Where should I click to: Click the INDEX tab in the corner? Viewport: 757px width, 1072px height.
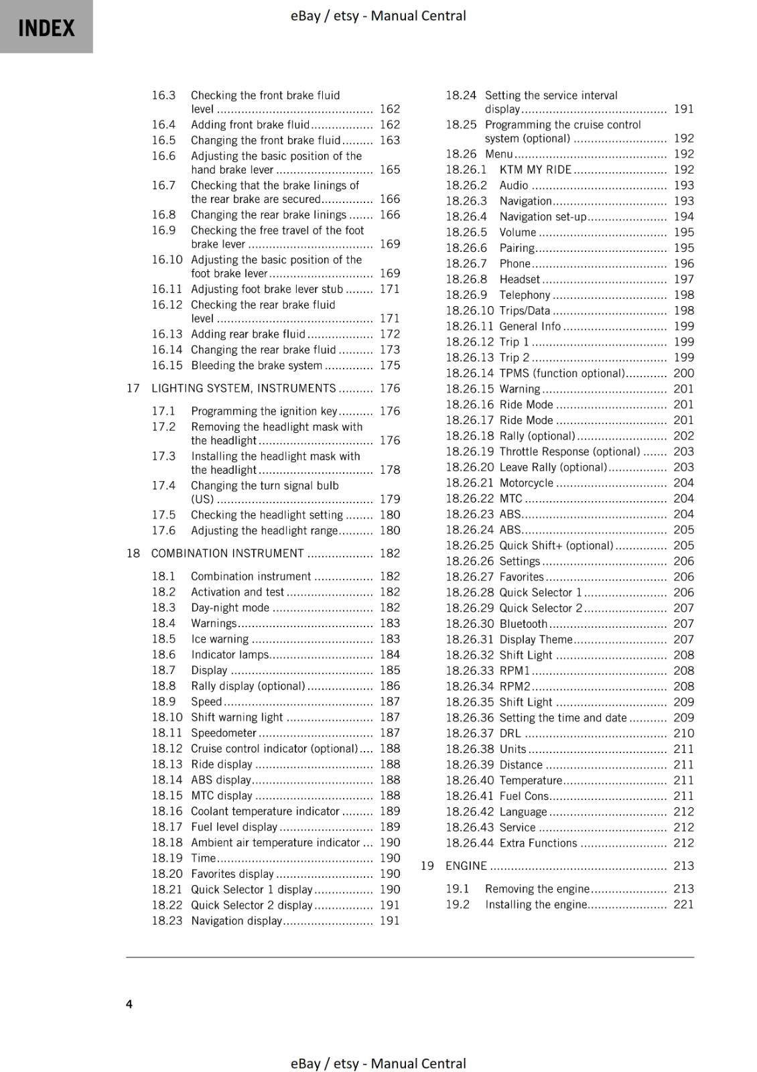coord(46,27)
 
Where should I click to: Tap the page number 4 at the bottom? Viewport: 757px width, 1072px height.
coord(129,1004)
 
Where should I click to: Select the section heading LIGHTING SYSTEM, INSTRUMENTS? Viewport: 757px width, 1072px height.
coord(243,389)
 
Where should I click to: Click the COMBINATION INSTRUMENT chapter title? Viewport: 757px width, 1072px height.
coord(227,553)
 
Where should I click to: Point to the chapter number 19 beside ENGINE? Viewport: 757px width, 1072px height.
coord(427,866)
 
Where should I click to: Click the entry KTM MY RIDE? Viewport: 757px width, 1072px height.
coord(535,170)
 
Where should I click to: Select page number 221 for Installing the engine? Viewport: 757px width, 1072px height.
coord(683,904)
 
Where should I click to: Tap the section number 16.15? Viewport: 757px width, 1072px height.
coord(167,366)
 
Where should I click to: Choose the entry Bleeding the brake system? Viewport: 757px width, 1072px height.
coord(256,366)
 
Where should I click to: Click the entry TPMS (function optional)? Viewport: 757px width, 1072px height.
coord(561,373)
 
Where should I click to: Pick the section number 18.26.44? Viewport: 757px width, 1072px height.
coord(470,843)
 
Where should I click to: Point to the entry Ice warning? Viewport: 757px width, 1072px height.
coord(220,639)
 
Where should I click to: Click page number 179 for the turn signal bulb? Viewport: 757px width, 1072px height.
coord(389,499)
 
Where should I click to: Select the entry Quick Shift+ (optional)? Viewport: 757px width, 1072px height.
coord(556,545)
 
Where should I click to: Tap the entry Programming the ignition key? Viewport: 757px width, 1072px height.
coord(264,411)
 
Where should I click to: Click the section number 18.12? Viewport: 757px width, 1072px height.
coord(167,748)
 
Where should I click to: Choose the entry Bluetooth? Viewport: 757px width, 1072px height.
coord(523,624)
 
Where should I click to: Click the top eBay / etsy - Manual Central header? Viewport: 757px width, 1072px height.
coord(378,15)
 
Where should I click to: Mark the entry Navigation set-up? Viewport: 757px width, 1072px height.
coord(542,216)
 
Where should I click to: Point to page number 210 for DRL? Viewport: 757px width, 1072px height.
coord(683,734)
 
